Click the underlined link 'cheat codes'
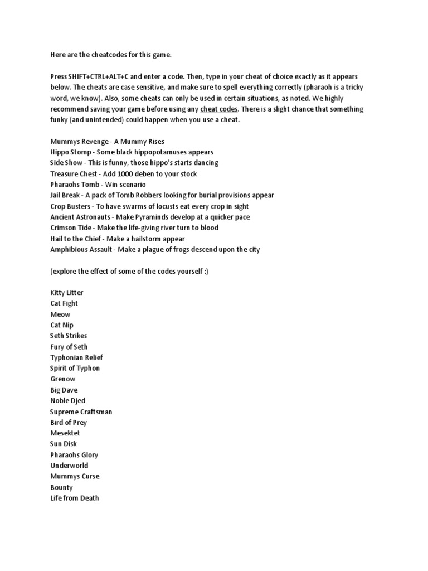coord(218,109)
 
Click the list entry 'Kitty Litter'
coord(66,293)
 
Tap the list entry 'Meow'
coord(60,314)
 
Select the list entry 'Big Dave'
coord(64,390)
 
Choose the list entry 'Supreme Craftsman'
coord(81,412)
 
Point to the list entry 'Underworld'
coord(69,466)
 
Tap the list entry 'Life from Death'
coord(75,499)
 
